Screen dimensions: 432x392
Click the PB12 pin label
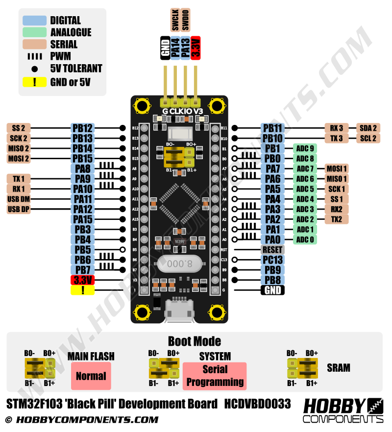pos(82,128)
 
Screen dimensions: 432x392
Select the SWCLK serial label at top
pos(175,20)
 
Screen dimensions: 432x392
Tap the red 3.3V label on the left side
pos(82,280)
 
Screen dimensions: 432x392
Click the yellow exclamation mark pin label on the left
pos(82,290)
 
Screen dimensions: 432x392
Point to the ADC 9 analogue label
pos(305,148)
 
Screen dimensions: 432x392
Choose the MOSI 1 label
pos(336,168)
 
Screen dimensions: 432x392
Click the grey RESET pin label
pos(272,249)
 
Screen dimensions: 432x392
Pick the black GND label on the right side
pos(272,290)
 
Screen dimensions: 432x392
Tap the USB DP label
pos(19,209)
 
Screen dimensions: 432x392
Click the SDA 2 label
pos(368,128)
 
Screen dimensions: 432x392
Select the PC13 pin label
pos(272,260)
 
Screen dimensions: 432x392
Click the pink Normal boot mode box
pos(91,376)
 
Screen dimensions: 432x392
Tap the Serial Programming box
pos(215,376)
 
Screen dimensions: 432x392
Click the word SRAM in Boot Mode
pos(338,367)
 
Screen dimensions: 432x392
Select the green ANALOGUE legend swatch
pos(34,32)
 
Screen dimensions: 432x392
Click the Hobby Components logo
pos(343,410)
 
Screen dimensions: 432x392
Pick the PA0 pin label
pos(272,240)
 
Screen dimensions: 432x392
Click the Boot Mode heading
pos(194,341)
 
